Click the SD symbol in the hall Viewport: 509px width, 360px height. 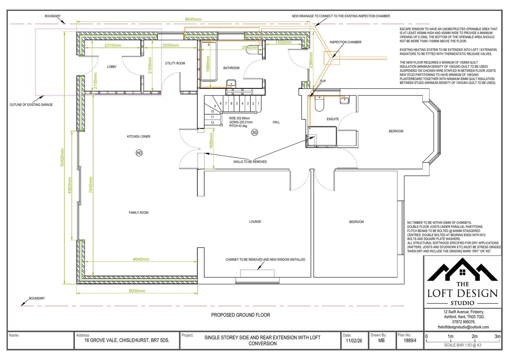coord(254,132)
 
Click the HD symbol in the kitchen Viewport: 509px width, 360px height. coord(139,153)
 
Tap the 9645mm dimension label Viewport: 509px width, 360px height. coord(193,19)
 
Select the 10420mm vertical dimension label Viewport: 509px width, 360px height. coord(62,158)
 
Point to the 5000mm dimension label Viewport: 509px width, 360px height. coord(137,291)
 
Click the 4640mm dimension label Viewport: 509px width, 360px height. coord(141,259)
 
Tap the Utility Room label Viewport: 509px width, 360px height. coord(175,63)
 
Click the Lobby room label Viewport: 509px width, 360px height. coord(112,67)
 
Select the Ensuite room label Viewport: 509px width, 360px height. coord(333,119)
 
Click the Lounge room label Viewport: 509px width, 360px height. coord(255,222)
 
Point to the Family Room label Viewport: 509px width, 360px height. coord(138,213)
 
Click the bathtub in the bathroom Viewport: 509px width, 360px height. coord(209,61)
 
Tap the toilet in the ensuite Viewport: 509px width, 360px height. coord(319,104)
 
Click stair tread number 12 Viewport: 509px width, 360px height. coord(212,123)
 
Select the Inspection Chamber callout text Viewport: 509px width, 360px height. coord(345,42)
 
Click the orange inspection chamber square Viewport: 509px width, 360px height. coord(331,58)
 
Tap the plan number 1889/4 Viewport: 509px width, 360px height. coord(410,341)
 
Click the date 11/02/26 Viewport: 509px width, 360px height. coord(354,341)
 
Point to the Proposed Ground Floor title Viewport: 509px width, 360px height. coord(241,315)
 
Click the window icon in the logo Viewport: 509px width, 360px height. coord(463,272)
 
